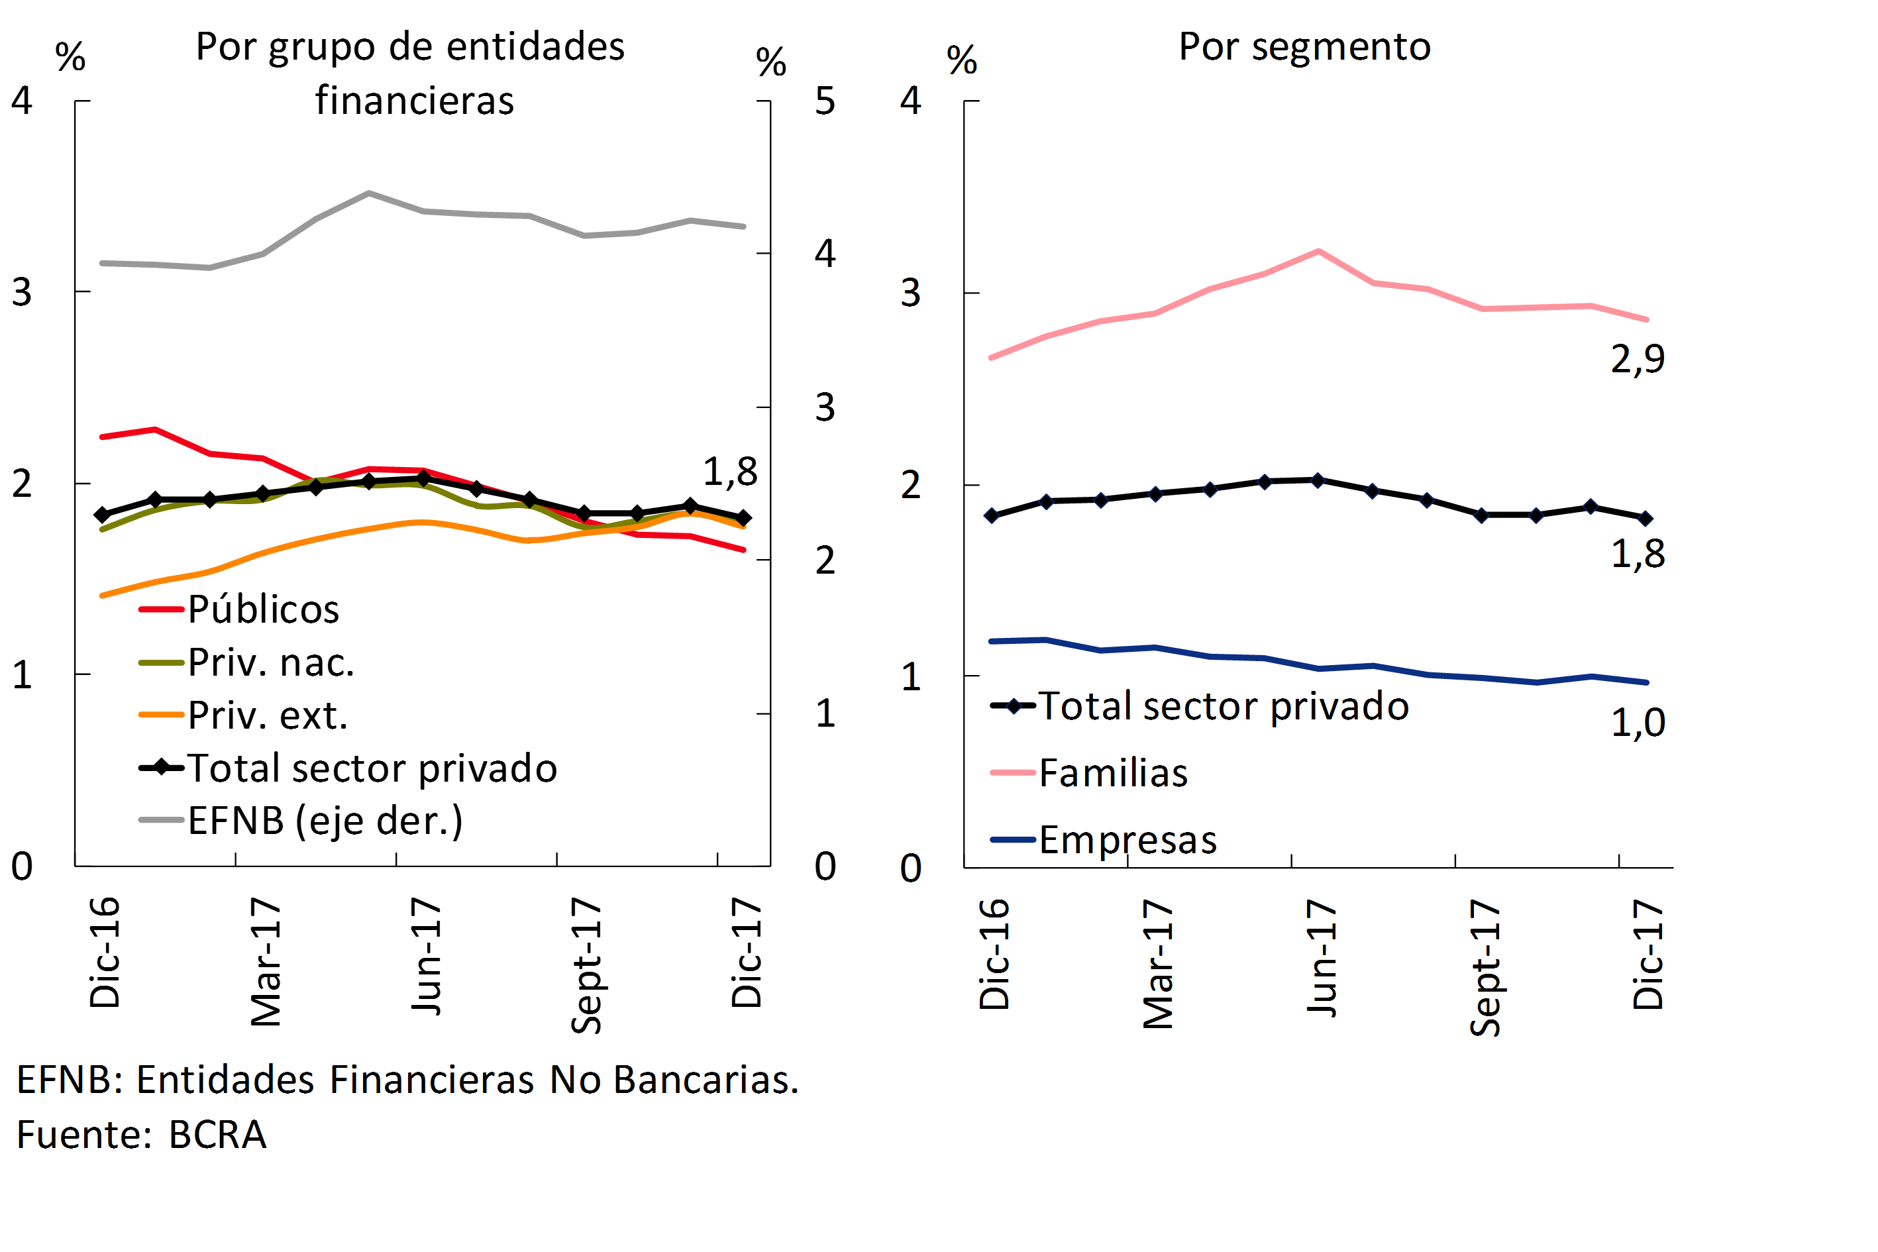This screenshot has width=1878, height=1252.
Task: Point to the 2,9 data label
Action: click(1638, 359)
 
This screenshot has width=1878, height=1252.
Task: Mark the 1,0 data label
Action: click(1638, 723)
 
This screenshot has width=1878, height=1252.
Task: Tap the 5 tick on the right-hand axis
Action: click(825, 101)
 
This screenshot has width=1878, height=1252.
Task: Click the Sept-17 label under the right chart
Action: click(1485, 967)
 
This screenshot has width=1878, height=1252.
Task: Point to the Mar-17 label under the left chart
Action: click(266, 961)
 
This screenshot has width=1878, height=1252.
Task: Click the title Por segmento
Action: click(1305, 46)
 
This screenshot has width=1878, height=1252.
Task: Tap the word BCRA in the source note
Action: click(217, 1135)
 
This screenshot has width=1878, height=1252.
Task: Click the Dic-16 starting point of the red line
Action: click(101, 437)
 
